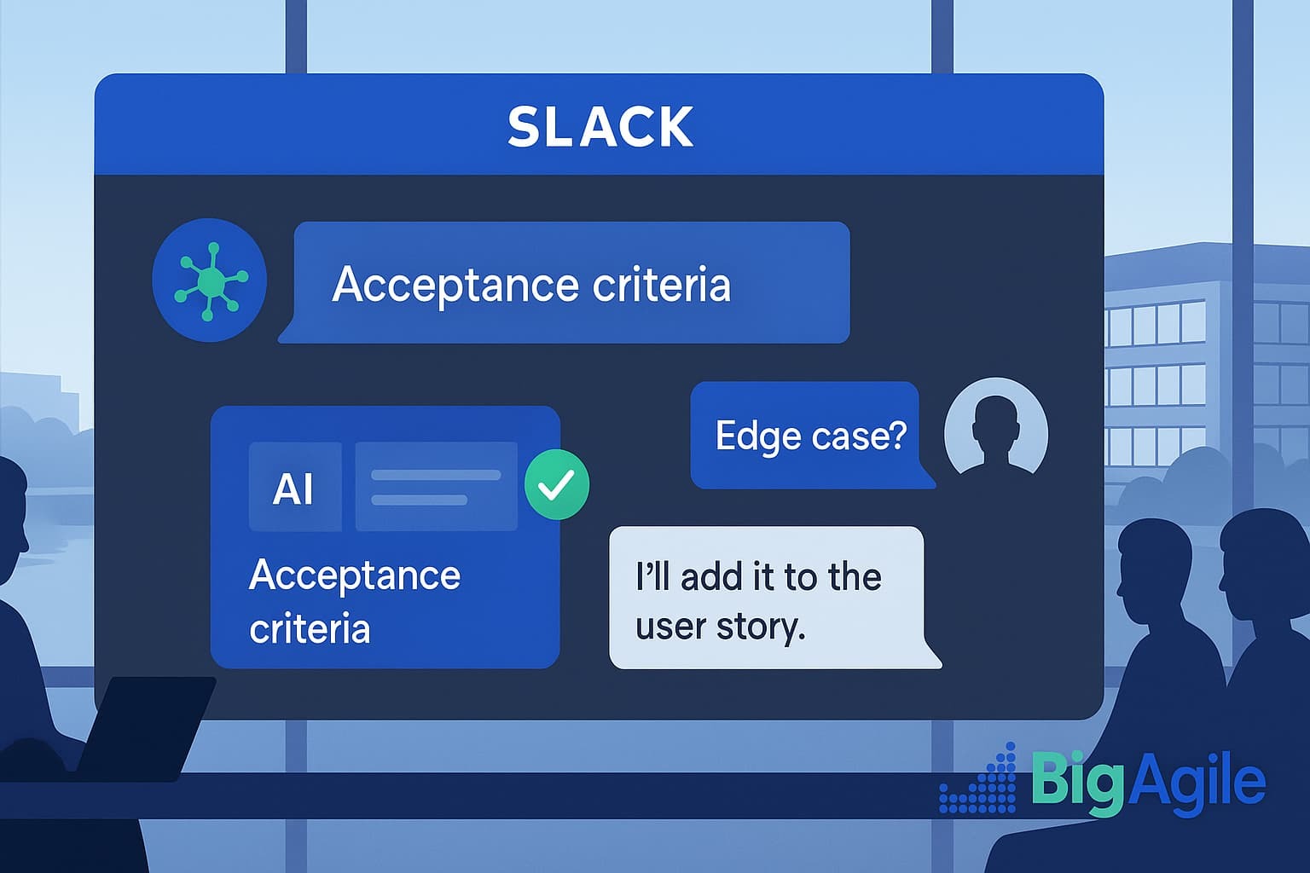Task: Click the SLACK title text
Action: coord(600,126)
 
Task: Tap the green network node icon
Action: coord(209,280)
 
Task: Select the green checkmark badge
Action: coord(557,484)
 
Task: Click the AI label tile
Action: coord(295,487)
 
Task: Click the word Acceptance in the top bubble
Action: coord(455,286)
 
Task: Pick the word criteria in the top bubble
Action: coord(662,284)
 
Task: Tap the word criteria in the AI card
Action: coord(310,627)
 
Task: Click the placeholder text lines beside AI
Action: coord(437,487)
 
